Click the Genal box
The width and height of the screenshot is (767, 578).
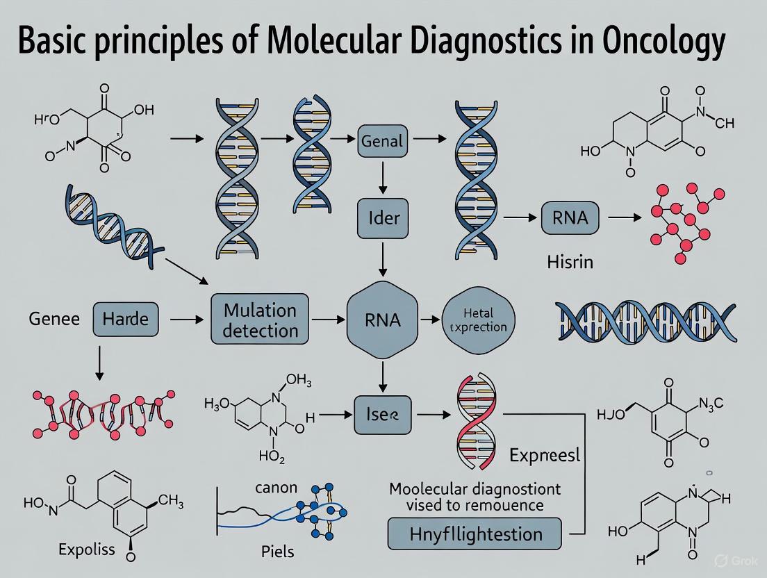pos(382,140)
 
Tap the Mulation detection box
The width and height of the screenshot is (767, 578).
pos(261,320)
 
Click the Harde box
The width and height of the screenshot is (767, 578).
pos(125,320)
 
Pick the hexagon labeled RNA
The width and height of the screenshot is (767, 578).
pos(381,320)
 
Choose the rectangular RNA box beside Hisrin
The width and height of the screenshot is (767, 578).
pos(569,217)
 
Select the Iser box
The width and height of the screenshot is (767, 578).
pos(383,415)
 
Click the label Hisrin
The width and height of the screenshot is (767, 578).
pos(568,263)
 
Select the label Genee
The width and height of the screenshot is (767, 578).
pos(54,320)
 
